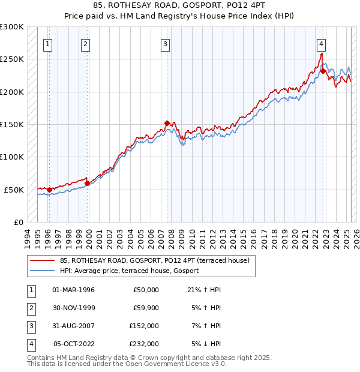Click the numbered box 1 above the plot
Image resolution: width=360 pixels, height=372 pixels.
47,43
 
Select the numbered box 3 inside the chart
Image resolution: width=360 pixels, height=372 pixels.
165,43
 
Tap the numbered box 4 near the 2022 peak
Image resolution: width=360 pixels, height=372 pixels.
322,43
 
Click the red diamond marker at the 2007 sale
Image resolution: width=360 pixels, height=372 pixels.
167,123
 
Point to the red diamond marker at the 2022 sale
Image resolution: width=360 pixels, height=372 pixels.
323,71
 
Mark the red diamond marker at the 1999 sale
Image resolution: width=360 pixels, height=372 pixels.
88,184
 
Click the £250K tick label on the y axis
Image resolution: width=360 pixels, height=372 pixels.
11,59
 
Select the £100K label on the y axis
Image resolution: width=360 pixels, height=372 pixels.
11,157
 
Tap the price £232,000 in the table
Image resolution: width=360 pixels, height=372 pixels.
144,344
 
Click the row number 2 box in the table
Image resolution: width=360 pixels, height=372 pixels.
30,308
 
